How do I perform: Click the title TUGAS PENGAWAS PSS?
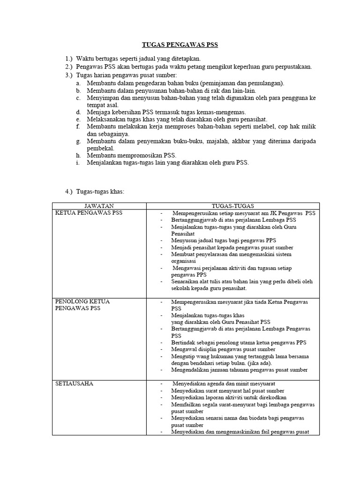(180, 45)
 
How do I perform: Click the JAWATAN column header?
(99, 206)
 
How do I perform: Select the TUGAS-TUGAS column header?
(233, 206)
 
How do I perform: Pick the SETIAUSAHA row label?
(74, 383)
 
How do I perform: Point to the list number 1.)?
(69, 59)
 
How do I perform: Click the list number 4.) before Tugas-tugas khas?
(69, 192)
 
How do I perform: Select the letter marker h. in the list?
(78, 155)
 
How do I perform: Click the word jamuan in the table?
(216, 370)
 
